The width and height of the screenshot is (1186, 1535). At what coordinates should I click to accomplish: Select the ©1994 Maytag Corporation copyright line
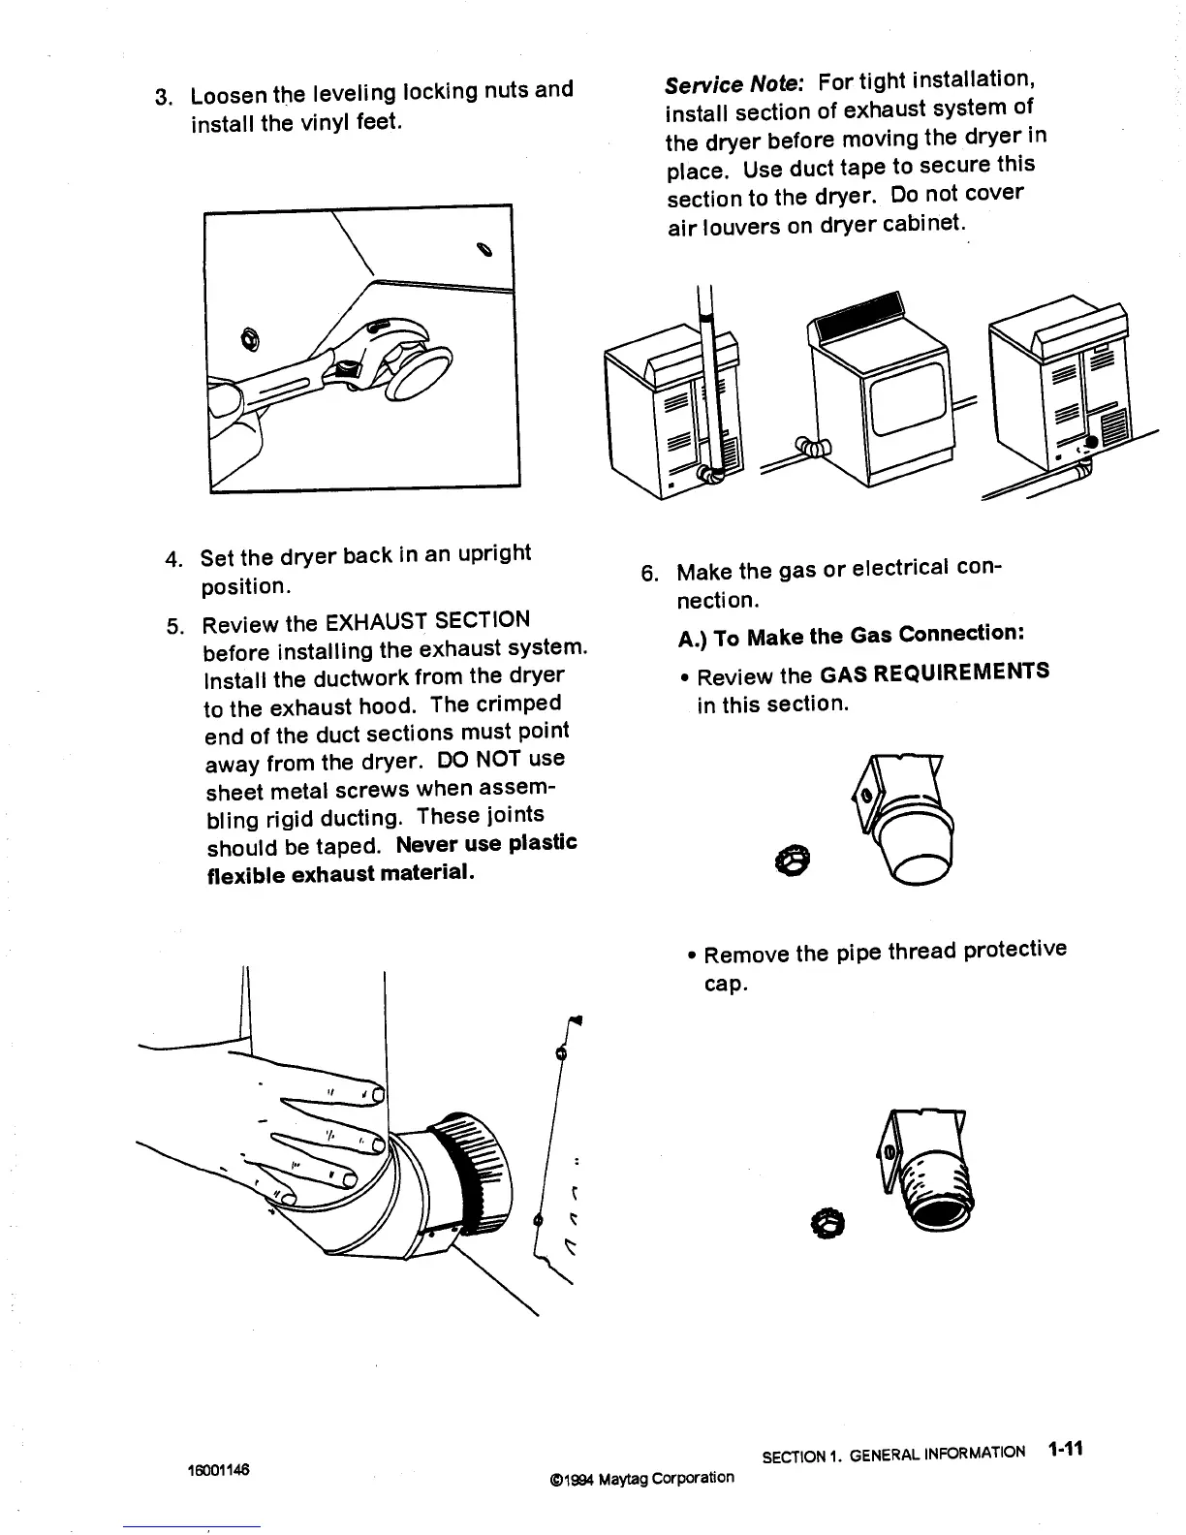point(640,1478)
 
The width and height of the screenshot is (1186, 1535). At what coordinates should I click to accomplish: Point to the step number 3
point(163,98)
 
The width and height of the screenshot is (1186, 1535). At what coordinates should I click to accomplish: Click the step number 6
point(648,574)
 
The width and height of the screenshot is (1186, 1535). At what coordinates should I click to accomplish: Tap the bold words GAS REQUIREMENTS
point(934,673)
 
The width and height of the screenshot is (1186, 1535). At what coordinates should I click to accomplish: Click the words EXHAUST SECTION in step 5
point(427,620)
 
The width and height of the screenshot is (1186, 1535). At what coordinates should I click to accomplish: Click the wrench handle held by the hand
point(281,389)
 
